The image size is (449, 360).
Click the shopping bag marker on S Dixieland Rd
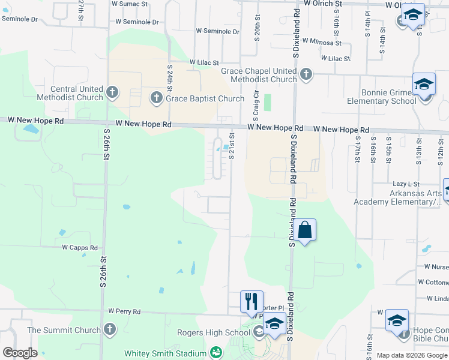pyautogui.click(x=304, y=230)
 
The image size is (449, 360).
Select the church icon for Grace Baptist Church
pyautogui.click(x=156, y=98)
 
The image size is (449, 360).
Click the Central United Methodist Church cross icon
pyautogui.click(x=112, y=92)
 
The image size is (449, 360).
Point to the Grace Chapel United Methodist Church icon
pyautogui.click(x=306, y=74)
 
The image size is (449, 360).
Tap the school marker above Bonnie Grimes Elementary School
pyautogui.click(x=424, y=84)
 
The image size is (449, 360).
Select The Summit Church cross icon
pyautogui.click(x=109, y=329)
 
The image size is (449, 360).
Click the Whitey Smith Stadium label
pyautogui.click(x=164, y=353)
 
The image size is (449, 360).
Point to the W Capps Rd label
pyautogui.click(x=80, y=247)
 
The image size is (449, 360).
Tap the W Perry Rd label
pyautogui.click(x=124, y=311)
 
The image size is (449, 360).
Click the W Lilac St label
pyautogui.click(x=205, y=62)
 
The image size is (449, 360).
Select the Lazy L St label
pyautogui.click(x=406, y=184)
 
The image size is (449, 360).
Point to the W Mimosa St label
pyautogui.click(x=322, y=42)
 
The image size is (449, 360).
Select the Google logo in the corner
pyautogui.click(x=20, y=353)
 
